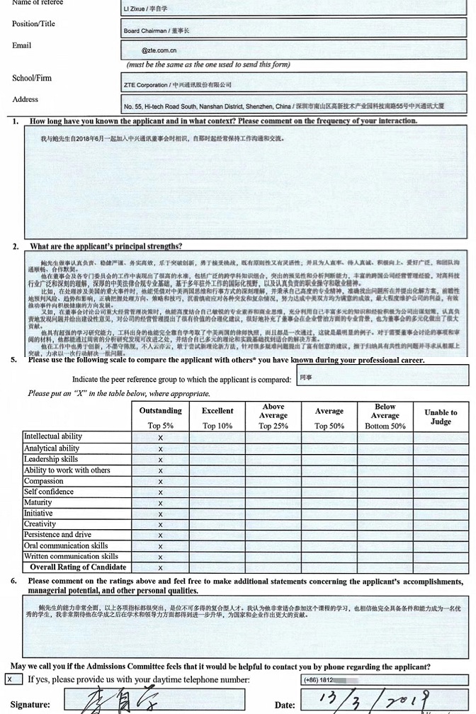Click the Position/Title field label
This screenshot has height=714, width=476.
click(33, 24)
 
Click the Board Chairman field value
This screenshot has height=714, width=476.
click(157, 31)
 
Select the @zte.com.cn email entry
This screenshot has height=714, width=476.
click(159, 51)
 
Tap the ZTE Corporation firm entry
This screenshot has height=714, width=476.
click(177, 85)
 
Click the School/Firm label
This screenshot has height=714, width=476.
click(32, 78)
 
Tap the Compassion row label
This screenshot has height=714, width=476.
click(44, 481)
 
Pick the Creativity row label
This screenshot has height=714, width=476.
click(40, 524)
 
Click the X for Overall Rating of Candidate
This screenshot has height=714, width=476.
click(160, 568)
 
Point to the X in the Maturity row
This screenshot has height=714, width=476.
click(160, 503)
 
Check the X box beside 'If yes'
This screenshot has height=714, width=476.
click(10, 679)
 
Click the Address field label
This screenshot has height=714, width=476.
click(25, 100)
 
